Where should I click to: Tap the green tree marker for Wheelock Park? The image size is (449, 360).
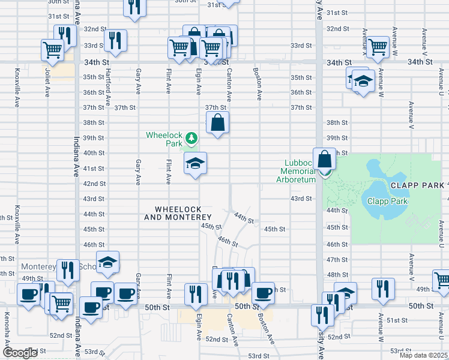pyautogui.click(x=191, y=139)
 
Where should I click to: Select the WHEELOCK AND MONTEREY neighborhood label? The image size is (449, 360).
pyautogui.click(x=182, y=213)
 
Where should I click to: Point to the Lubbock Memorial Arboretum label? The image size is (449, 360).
pyautogui.click(x=295, y=171)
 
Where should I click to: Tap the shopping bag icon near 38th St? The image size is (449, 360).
pyautogui.click(x=218, y=123)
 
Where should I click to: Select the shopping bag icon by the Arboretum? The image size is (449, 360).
pyautogui.click(x=324, y=160)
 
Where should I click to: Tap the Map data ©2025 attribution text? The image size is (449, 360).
pyautogui.click(x=423, y=355)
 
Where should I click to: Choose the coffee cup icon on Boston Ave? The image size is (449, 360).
pyautogui.click(x=262, y=293)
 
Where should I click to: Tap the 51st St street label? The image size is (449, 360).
pyautogui.click(x=397, y=321)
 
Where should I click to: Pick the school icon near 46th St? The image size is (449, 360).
pyautogui.click(x=107, y=262)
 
